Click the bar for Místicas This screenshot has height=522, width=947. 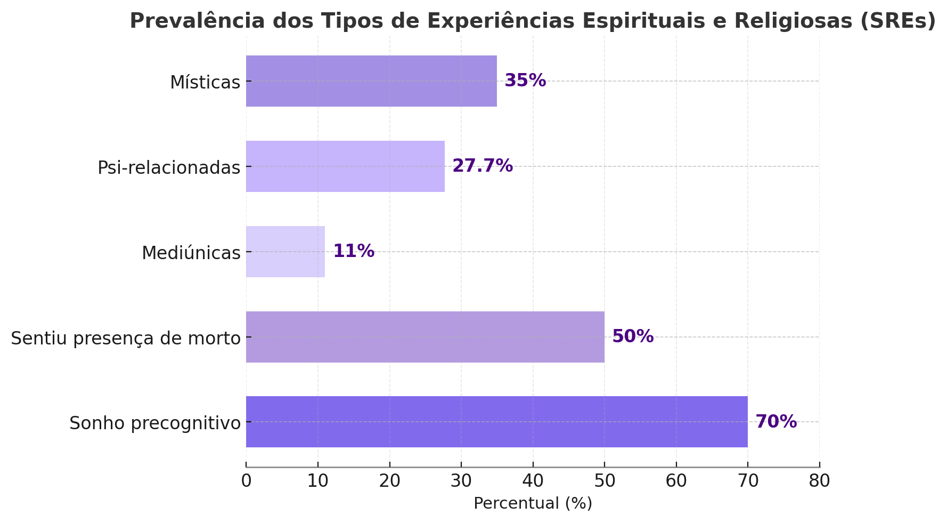click(x=371, y=81)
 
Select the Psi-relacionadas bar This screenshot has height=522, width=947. click(x=345, y=166)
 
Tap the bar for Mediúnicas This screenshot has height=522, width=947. click(x=285, y=252)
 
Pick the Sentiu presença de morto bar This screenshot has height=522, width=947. click(x=425, y=337)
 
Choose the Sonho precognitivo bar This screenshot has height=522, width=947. click(x=496, y=422)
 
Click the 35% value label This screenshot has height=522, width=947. click(x=525, y=81)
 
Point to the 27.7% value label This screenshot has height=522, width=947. click(x=483, y=166)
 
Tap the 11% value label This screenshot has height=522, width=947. click(x=354, y=251)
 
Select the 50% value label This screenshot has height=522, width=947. click(x=633, y=336)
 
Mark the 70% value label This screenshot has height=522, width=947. click(x=776, y=422)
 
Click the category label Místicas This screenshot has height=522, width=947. click(x=205, y=83)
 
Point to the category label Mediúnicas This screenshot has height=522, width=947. click(x=191, y=253)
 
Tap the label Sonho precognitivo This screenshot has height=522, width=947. click(x=155, y=423)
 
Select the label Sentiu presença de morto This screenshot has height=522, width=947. click(x=126, y=339)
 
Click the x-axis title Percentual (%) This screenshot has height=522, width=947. click(x=533, y=503)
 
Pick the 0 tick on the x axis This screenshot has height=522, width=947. click(x=246, y=481)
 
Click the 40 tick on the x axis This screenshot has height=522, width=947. click(x=533, y=481)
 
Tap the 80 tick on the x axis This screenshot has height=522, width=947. click(x=819, y=481)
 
